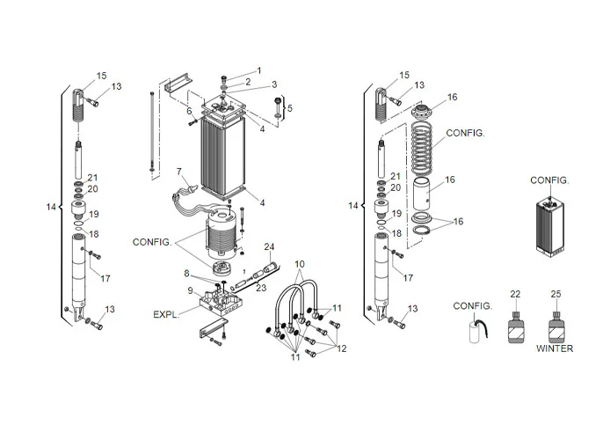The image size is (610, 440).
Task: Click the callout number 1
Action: (258, 70)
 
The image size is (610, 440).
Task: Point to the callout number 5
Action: (292, 108)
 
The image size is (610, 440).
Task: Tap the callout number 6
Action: (189, 111)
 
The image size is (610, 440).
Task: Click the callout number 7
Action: (178, 170)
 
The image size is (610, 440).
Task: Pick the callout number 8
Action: (186, 274)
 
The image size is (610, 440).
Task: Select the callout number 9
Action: (188, 290)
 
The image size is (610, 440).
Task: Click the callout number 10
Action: (299, 264)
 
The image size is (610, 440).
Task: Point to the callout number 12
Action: (341, 348)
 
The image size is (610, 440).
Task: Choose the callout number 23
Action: (260, 286)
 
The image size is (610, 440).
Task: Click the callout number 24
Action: (270, 246)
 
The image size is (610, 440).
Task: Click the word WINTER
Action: (555, 348)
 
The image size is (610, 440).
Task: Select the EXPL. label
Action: (168, 313)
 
